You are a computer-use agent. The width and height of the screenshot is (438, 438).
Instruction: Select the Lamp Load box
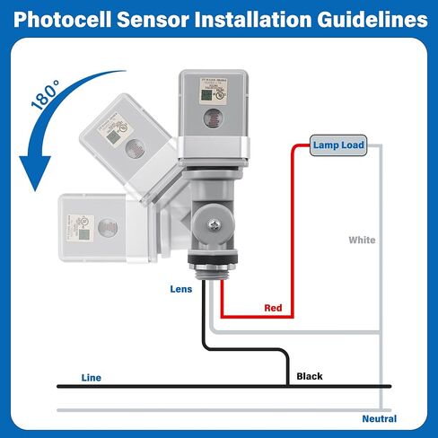(338, 145)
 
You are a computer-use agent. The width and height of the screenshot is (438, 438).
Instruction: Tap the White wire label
(362, 241)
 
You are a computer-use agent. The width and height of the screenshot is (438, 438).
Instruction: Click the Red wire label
(274, 308)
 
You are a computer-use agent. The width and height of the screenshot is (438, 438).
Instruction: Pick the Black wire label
(309, 376)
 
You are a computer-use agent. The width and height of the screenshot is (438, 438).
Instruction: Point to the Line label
(91, 378)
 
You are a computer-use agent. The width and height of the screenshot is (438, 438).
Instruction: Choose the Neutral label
(379, 419)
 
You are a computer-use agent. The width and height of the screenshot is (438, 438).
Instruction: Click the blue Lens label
(181, 289)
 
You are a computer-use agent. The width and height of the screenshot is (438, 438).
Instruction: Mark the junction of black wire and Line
(288, 386)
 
